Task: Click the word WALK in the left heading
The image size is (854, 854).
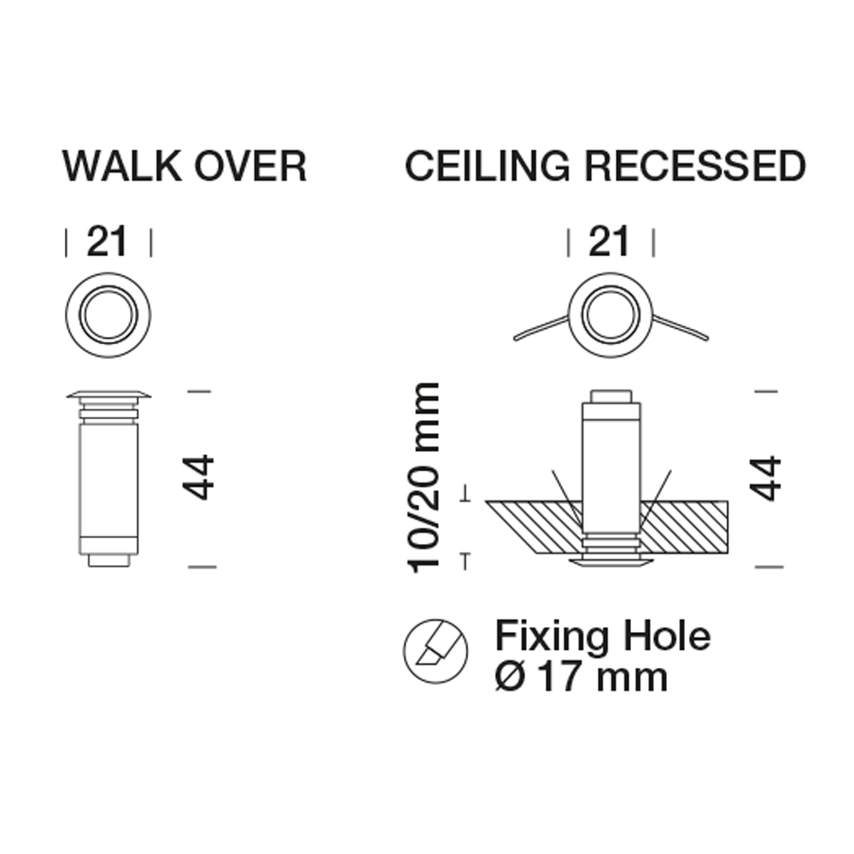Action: (x=122, y=166)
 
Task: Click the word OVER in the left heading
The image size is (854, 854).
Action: (x=250, y=166)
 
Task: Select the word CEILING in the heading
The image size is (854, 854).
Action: (x=488, y=166)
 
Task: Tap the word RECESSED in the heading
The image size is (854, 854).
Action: (x=695, y=166)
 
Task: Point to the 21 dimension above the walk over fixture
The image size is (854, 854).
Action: (x=107, y=242)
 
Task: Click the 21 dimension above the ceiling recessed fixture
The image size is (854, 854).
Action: (x=609, y=242)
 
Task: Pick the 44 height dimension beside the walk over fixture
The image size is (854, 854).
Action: (x=198, y=477)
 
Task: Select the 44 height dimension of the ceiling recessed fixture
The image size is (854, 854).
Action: (x=765, y=477)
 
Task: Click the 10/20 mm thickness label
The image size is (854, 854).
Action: (x=424, y=477)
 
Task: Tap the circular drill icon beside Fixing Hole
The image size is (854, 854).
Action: (x=436, y=651)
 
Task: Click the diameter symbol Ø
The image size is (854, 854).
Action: (x=510, y=677)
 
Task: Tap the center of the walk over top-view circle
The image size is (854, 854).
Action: (x=108, y=315)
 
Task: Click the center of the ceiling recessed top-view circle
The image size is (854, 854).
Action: (x=610, y=315)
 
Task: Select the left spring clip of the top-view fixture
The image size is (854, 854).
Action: (x=541, y=328)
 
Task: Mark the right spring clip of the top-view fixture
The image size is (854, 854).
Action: (x=681, y=328)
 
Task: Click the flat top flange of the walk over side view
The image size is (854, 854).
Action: (x=108, y=395)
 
